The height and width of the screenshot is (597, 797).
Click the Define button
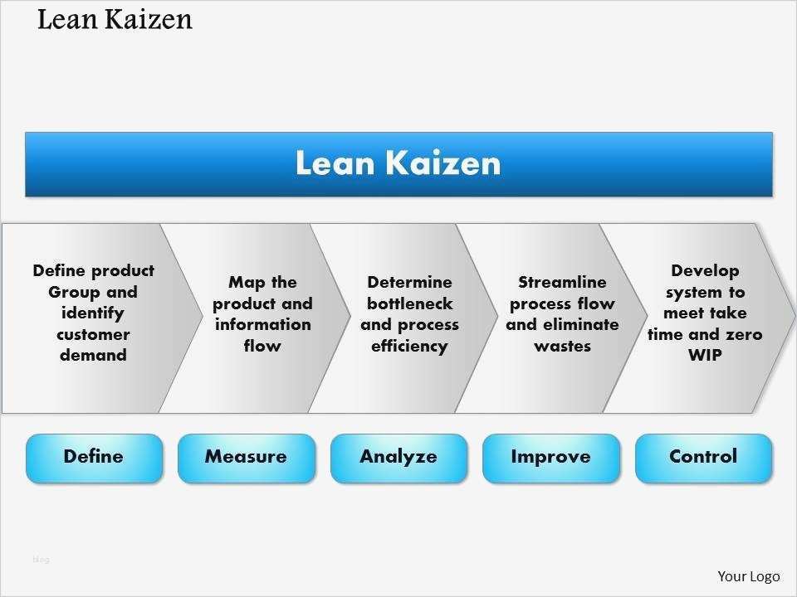coord(94,457)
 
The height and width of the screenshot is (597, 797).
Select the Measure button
coord(246,457)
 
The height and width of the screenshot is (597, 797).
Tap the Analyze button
coord(398,457)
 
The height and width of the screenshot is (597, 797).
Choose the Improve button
coord(550,457)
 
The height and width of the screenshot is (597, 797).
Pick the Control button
coord(703,457)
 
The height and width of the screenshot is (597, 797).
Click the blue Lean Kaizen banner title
coord(398,163)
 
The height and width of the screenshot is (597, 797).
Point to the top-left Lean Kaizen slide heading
coord(115,20)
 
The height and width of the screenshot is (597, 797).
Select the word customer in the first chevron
coord(93,334)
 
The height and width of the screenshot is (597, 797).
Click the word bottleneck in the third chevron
coord(409,303)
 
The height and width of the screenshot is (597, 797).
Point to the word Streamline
coord(562,282)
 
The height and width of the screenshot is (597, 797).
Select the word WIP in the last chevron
coord(704,355)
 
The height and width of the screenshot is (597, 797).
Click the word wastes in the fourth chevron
coord(562,346)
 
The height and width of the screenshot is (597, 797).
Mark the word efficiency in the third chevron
coord(409,346)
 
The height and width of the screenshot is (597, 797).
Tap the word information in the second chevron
coord(262,324)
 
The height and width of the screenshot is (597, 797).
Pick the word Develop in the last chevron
coord(704,270)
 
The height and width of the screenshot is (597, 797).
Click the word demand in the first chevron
coord(93,355)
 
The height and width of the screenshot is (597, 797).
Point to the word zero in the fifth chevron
coord(742,334)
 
